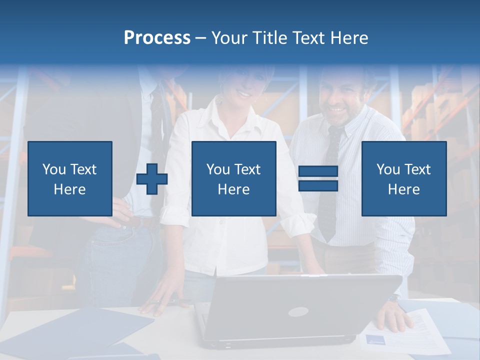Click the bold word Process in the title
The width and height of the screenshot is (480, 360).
tap(157, 38)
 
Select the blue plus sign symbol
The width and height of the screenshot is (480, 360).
tap(152, 179)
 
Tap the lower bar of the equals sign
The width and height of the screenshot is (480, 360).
tap(318, 186)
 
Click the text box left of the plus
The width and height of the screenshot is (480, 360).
tap(70, 178)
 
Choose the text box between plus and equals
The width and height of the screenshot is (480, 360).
tap(234, 178)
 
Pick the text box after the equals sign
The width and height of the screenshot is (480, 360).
tap(404, 178)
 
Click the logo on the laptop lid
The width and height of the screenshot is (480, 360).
tap(298, 312)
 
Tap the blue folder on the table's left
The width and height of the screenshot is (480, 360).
tap(75, 332)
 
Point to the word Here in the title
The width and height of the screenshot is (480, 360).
tap(350, 38)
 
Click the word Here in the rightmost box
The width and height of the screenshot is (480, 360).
tap(404, 189)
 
